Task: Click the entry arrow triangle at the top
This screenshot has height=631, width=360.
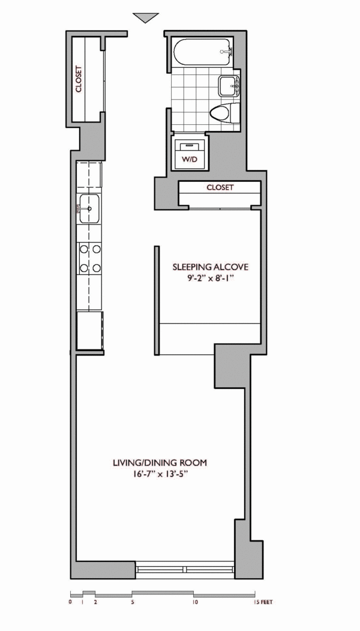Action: [146, 17]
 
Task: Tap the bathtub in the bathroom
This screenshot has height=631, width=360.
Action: [203, 52]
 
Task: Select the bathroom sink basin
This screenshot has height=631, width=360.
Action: [229, 86]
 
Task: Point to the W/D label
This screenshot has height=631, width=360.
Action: [190, 159]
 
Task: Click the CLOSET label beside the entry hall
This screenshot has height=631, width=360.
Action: [79, 79]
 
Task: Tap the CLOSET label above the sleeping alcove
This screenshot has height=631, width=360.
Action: [220, 187]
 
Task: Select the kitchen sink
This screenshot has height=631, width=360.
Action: [89, 208]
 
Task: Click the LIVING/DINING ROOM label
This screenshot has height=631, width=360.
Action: [160, 463]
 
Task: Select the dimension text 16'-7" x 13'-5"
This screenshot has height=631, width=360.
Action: [160, 474]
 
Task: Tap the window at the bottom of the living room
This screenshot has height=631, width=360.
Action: [185, 570]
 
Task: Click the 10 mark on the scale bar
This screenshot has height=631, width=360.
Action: [194, 602]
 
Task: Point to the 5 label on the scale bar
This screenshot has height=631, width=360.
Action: [133, 602]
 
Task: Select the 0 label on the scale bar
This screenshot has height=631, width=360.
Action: [71, 602]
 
